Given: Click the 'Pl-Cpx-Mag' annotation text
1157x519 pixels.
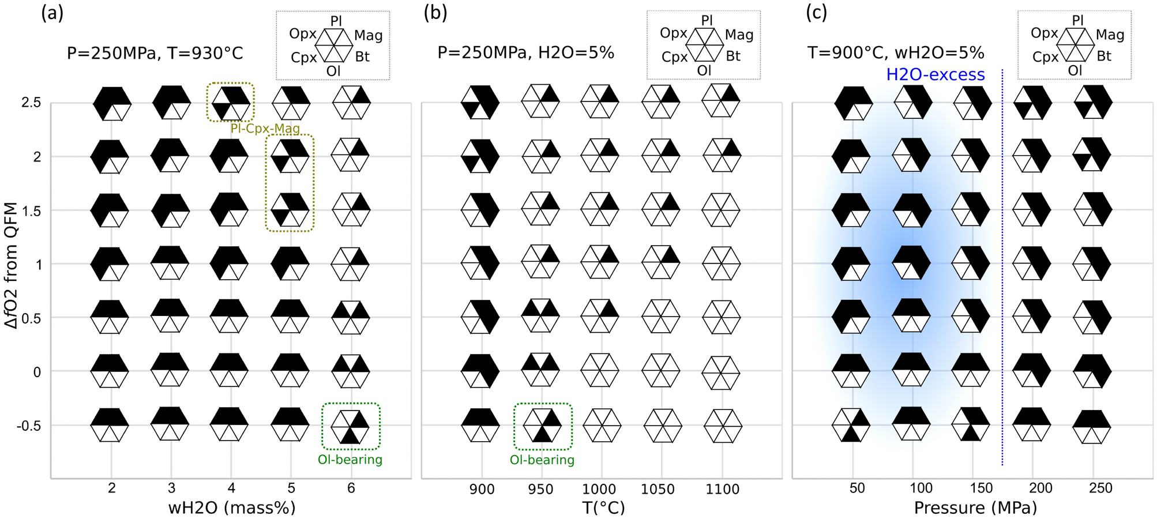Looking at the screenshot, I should click(x=265, y=129).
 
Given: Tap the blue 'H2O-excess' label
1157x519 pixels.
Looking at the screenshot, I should click(x=935, y=74).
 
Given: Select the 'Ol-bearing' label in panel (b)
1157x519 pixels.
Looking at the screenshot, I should click(x=542, y=460).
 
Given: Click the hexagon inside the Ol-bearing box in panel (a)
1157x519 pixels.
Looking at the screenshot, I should click(x=350, y=426).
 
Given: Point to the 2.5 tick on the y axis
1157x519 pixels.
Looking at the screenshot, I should click(x=31, y=103).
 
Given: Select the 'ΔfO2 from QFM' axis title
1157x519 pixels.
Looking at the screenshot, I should click(x=12, y=265).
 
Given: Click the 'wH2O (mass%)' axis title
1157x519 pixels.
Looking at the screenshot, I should click(x=231, y=507).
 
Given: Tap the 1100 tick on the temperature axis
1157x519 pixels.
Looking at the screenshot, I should click(x=722, y=489).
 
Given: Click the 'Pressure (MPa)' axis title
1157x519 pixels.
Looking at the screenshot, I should click(x=975, y=507).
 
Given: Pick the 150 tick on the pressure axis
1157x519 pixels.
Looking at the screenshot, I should click(x=981, y=488).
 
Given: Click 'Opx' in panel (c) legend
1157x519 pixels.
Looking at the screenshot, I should click(x=1044, y=33).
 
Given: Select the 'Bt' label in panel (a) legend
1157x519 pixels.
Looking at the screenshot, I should click(x=362, y=57).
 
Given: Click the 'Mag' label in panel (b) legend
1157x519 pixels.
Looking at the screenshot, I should click(x=739, y=35).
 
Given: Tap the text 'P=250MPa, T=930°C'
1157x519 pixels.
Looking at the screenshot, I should click(x=155, y=54).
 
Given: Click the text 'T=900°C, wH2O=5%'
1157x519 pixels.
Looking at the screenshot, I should click(x=895, y=53).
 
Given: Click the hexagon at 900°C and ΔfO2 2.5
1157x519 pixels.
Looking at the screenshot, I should click(x=480, y=103).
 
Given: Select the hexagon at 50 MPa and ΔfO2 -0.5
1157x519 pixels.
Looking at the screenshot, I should click(x=851, y=425).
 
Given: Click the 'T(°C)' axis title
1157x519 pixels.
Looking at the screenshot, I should click(x=603, y=507).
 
